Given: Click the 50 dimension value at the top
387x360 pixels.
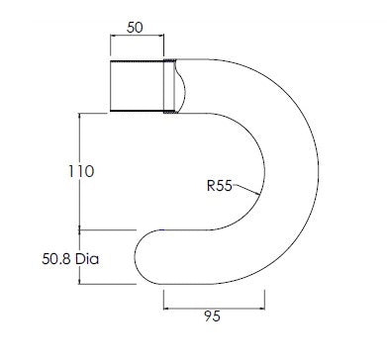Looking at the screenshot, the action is click(135, 28).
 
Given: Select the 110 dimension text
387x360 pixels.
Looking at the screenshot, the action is click(81, 171).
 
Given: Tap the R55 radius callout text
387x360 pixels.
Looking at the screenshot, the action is click(220, 186).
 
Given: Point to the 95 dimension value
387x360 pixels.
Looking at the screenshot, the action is click(212, 316).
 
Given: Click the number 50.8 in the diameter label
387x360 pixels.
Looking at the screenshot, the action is click(56, 259).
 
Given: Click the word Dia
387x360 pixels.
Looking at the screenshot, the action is click(87, 259).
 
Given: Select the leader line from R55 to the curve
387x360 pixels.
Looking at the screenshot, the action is click(245, 190).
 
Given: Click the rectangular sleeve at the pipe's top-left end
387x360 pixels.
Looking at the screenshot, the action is click(137, 86).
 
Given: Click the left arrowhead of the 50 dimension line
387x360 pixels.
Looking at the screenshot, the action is click(113, 37).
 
